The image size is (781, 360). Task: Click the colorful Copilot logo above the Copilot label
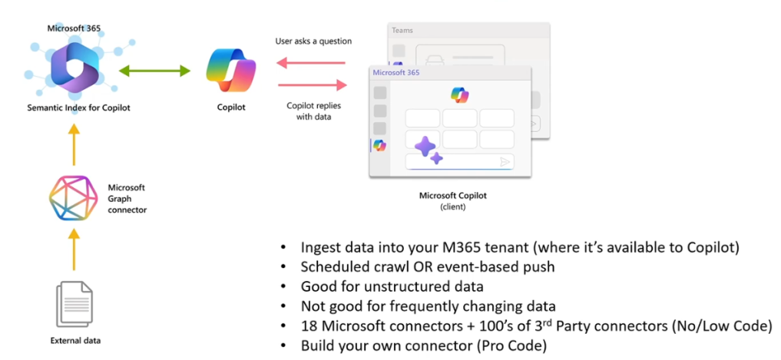(x=231, y=71)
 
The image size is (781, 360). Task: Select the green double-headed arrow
(x=154, y=71)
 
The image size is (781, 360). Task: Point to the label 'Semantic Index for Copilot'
(x=78, y=108)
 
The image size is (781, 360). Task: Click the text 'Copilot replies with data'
(x=311, y=111)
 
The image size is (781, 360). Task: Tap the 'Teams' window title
(x=402, y=31)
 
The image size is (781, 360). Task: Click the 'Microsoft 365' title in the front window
(x=397, y=72)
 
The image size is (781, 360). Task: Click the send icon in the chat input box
(x=505, y=161)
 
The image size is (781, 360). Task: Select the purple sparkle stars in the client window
(x=428, y=150)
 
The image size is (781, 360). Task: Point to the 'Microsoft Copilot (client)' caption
(x=452, y=200)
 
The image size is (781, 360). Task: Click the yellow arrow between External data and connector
(x=74, y=250)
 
